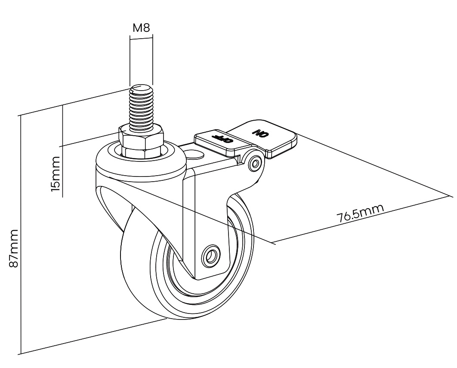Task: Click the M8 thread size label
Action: click(x=141, y=29)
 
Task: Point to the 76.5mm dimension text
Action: click(x=360, y=213)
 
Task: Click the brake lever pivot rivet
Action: click(x=256, y=163)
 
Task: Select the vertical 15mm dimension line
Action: click(x=63, y=150)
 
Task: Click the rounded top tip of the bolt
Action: click(x=141, y=89)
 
